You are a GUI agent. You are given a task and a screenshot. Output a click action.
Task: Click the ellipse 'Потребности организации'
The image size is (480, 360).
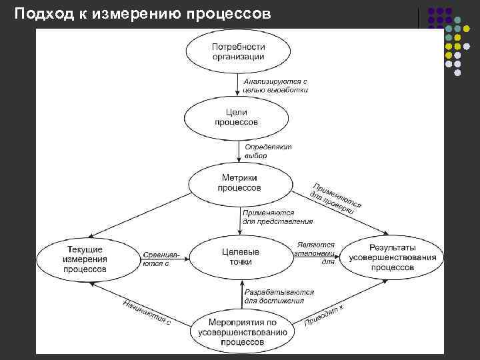[x=238, y=51]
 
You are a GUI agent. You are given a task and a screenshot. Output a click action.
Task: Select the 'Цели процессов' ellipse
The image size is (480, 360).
[x=237, y=117]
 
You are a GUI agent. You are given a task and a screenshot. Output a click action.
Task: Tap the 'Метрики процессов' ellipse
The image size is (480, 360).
[x=239, y=182]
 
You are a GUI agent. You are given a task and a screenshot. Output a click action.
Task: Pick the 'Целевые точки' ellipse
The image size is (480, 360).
[x=239, y=257]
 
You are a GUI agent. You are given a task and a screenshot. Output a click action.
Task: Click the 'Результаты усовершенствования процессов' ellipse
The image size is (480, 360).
[x=393, y=257]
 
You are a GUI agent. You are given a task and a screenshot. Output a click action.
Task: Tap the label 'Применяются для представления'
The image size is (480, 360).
[x=277, y=216]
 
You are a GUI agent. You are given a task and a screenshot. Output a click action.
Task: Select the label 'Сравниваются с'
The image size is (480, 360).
[x=159, y=259]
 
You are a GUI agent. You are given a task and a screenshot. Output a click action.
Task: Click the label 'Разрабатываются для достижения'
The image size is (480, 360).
[x=274, y=296]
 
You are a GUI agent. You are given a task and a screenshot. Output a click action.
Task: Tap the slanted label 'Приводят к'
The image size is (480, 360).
[x=324, y=315]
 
